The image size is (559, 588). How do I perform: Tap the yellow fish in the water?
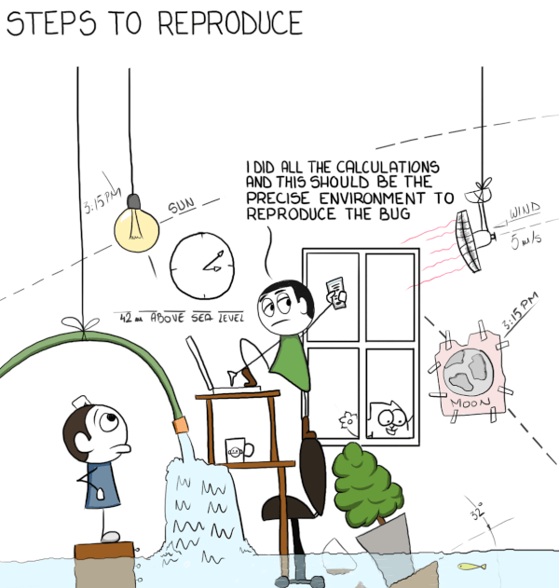(x=471, y=566)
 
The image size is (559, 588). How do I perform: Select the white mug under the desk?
(x=239, y=450)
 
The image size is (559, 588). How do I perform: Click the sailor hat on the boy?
(x=82, y=403)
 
